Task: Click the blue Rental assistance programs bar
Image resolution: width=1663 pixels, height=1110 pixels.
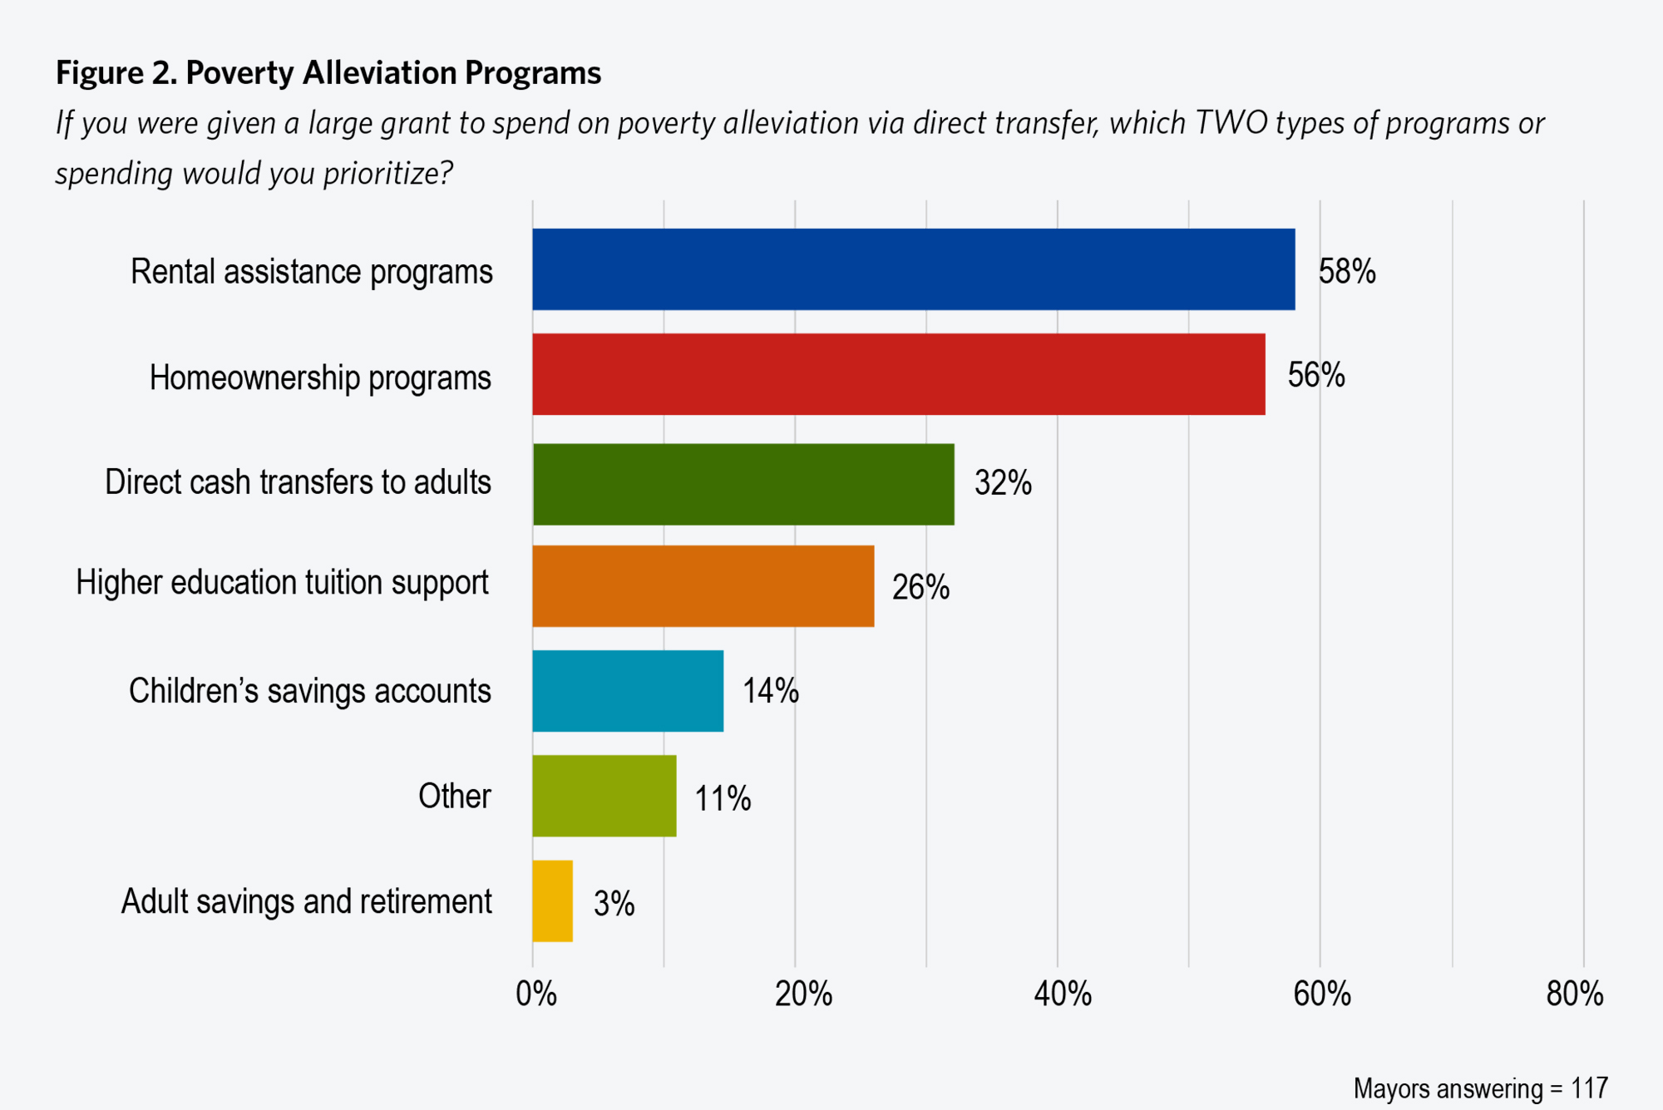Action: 913,269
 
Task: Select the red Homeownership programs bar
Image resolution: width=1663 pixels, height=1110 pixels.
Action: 898,374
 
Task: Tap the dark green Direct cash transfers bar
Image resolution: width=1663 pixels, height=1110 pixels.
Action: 743,484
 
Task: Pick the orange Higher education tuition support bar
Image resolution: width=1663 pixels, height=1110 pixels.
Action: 703,586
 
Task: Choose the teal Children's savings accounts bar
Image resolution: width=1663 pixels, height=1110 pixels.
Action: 628,691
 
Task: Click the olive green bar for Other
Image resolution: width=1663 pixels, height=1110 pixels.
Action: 605,796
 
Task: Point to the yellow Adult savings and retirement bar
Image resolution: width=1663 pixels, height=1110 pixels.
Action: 553,900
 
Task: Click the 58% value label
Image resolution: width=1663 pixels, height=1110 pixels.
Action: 1347,272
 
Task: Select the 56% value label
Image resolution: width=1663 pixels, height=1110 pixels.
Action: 1316,376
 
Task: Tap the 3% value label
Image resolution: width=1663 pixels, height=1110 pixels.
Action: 614,904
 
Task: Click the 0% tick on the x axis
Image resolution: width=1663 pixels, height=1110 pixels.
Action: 536,994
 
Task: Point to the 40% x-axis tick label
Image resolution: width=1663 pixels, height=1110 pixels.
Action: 1063,994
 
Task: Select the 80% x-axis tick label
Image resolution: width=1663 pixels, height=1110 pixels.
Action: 1575,994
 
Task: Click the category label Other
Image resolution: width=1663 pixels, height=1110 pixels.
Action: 454,797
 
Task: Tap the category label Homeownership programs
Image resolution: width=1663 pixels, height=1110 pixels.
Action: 320,378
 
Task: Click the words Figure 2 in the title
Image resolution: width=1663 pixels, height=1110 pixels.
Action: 116,73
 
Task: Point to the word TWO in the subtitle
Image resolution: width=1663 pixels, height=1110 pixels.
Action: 1231,123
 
